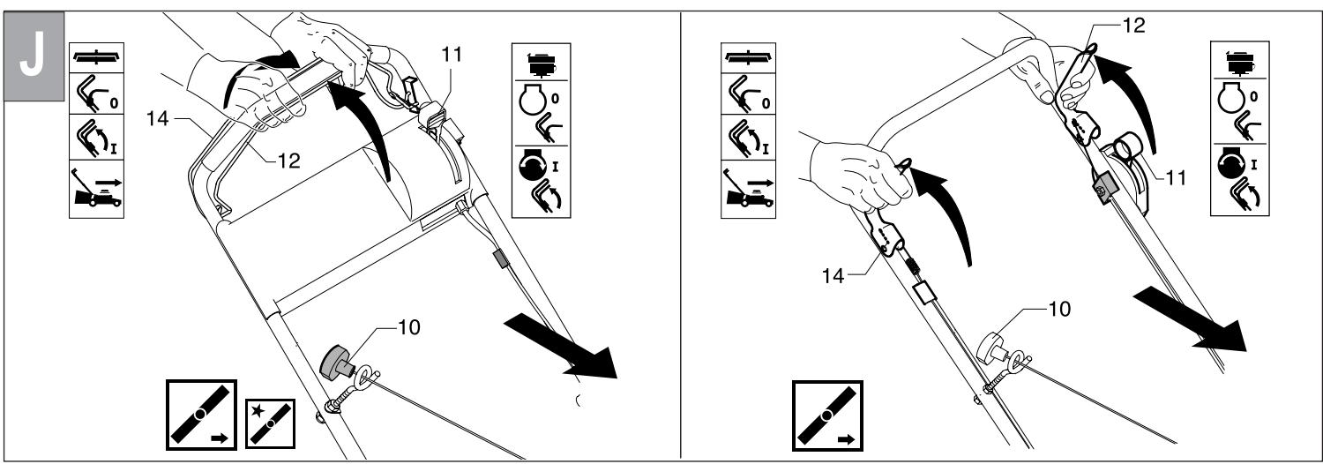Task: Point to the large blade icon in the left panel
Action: coord(202,414)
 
